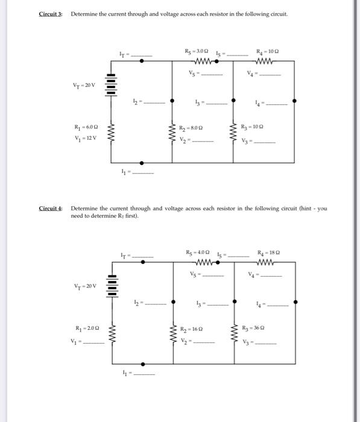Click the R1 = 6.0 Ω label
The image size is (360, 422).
tap(83, 128)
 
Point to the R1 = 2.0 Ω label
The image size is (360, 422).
tap(83, 329)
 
